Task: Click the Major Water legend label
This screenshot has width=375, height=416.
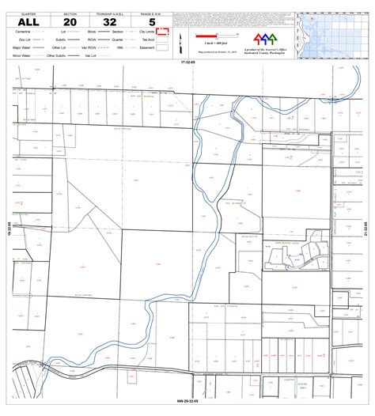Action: point(21,47)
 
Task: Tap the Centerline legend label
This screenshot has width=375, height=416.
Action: point(21,32)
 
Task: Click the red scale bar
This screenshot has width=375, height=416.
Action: point(208,35)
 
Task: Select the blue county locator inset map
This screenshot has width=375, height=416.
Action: point(333,36)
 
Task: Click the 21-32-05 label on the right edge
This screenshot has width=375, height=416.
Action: point(366,229)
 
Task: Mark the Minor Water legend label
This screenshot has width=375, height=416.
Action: point(21,55)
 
